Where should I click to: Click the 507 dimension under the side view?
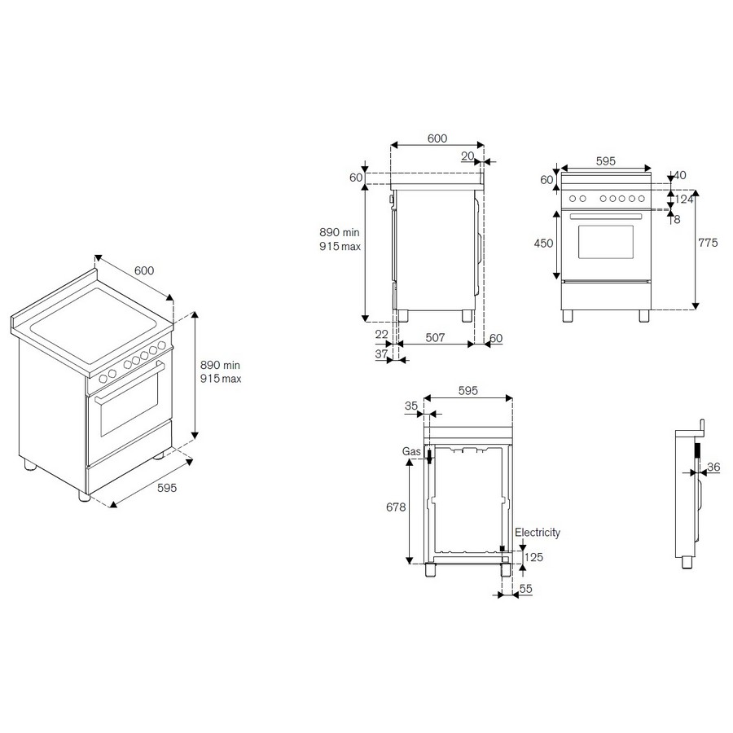435,337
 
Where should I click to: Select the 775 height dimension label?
708,243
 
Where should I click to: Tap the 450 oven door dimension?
543,243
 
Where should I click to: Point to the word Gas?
411,451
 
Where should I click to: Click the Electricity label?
538,533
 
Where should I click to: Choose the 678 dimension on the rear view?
396,507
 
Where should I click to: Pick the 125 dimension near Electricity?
533,557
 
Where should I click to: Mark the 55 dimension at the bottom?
526,589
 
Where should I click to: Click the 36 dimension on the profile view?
713,467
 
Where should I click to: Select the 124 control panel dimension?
684,200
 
